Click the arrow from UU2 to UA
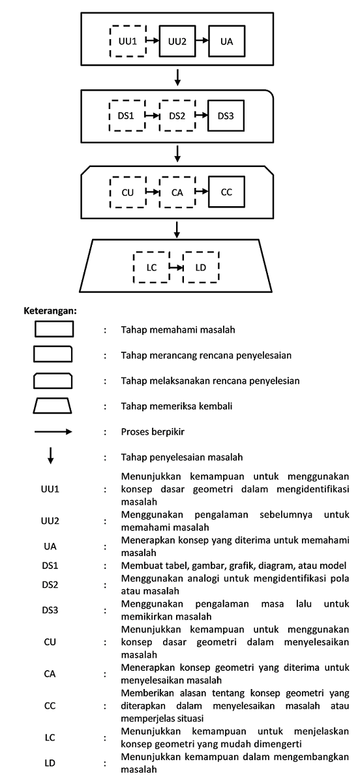click(202, 40)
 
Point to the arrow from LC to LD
click(177, 268)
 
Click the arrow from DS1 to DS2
click(153, 115)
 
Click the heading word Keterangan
click(50, 311)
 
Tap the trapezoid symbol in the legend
click(52, 405)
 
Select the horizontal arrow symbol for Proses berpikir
click(53, 432)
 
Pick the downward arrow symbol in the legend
click(51, 455)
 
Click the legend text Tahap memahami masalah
click(178, 330)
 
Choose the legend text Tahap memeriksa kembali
click(177, 406)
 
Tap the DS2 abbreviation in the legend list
click(50, 585)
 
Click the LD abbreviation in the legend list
click(50, 763)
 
